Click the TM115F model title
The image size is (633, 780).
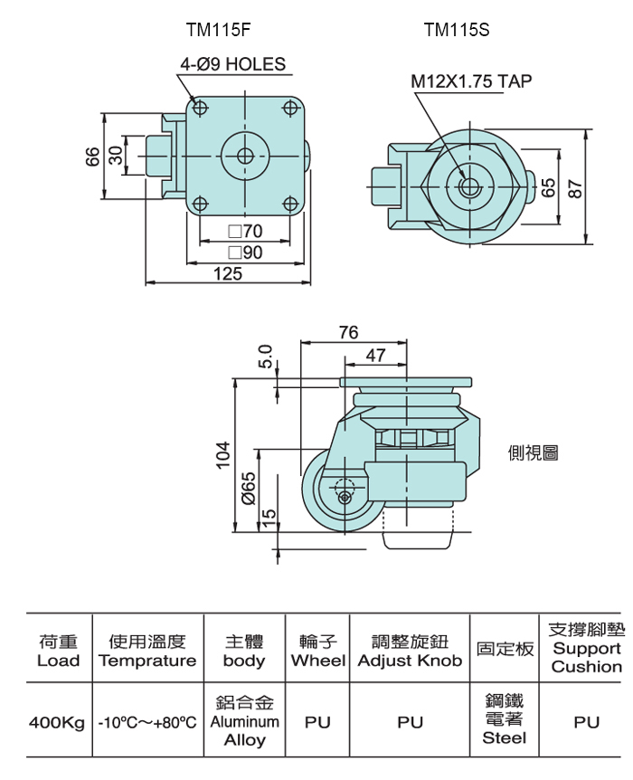(218, 31)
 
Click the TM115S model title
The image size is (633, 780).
(457, 31)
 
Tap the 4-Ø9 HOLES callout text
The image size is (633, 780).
(232, 64)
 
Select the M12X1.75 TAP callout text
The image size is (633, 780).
(471, 81)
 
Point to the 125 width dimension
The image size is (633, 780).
(228, 273)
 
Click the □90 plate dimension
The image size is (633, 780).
(245, 252)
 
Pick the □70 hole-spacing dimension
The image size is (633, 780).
(245, 231)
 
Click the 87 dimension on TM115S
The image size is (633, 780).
(575, 188)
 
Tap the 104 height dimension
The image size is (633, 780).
(223, 454)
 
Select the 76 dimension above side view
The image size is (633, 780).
(348, 332)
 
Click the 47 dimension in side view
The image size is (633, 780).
(375, 356)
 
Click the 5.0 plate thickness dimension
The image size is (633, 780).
(266, 357)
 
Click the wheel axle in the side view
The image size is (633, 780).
(345, 498)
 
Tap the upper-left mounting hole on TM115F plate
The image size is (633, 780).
(200, 108)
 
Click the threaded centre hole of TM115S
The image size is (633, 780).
(468, 186)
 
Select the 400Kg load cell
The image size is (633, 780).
(57, 722)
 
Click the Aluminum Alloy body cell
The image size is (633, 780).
(245, 721)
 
